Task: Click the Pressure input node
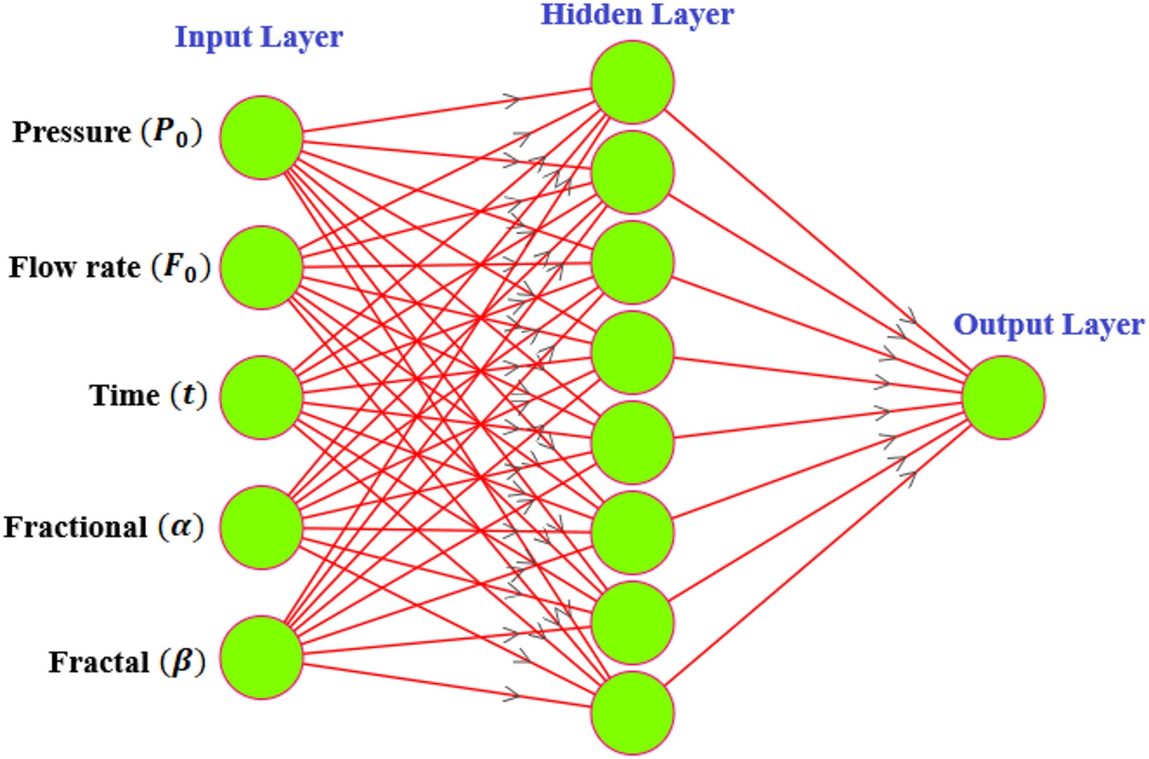tap(262, 138)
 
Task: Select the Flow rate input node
tap(262, 268)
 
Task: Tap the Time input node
tap(262, 398)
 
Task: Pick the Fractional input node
tap(262, 527)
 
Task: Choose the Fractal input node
tap(262, 657)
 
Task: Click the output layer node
tap(1004, 398)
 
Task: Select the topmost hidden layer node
tap(632, 82)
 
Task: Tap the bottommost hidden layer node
tap(632, 713)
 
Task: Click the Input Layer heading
tap(259, 38)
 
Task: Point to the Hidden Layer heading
tap(637, 15)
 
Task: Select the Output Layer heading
tap(1048, 325)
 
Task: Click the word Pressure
tap(72, 133)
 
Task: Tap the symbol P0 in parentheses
tap(171, 133)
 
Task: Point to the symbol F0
tap(181, 268)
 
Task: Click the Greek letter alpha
tap(181, 527)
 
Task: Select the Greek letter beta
tap(182, 662)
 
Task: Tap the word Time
tap(124, 395)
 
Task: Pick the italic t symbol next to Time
tap(188, 395)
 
